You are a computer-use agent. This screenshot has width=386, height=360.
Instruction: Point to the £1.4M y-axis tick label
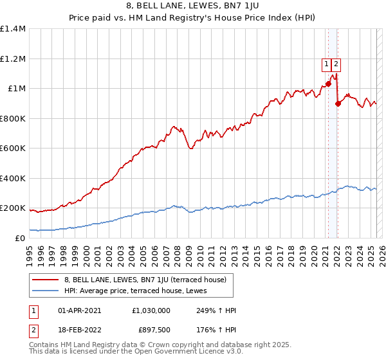pyautogui.click(x=13, y=30)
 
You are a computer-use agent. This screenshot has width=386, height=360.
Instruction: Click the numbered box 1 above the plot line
pyautogui.click(x=326, y=64)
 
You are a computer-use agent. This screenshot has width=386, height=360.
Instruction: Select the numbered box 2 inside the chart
pyautogui.click(x=336, y=64)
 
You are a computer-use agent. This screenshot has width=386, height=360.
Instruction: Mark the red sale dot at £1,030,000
pyautogui.click(x=328, y=84)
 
